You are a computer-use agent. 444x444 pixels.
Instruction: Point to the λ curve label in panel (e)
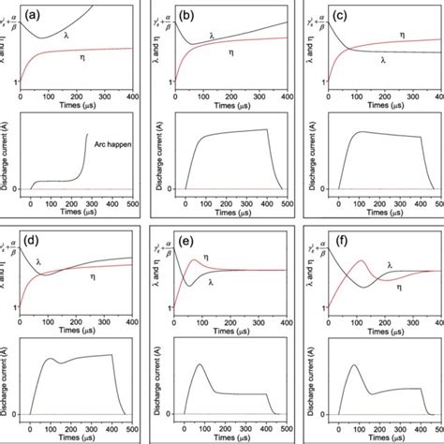tap(212, 281)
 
